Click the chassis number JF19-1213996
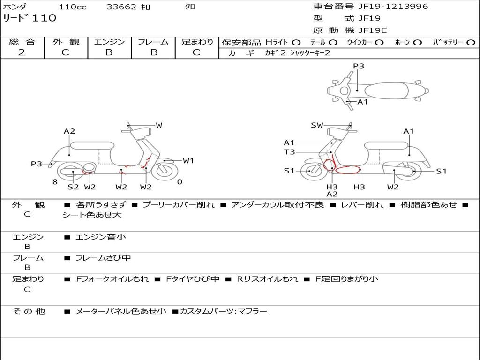point(393,7)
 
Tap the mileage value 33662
point(121,7)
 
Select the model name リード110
point(30,18)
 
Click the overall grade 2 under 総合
point(22,52)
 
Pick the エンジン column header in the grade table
point(109,42)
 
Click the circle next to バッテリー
point(471,43)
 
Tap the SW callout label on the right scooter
point(317,125)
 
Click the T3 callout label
point(290,152)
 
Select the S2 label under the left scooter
point(73,187)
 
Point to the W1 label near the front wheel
point(188,161)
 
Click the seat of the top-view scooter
point(386,91)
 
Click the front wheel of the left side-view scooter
point(165,171)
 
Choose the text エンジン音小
point(101,237)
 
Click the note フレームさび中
point(103,258)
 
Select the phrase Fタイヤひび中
point(193,279)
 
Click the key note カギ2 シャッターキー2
point(298,53)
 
